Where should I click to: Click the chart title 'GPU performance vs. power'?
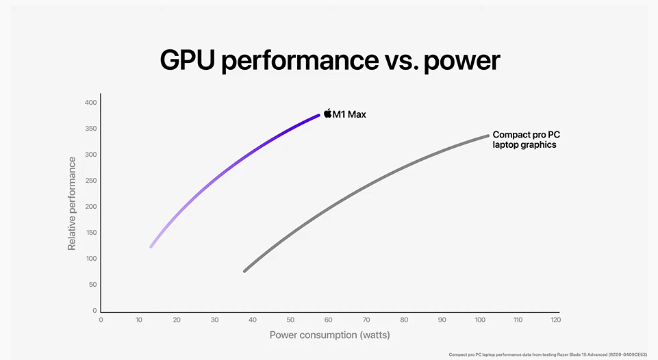click(x=329, y=60)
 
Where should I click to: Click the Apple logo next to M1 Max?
click(x=327, y=114)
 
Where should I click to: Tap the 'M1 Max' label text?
click(x=349, y=114)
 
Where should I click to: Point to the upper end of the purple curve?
click(x=318, y=115)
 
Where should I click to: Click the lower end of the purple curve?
click(x=151, y=246)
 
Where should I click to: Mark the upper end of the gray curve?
click(x=487, y=136)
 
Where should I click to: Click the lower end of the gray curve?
click(x=245, y=271)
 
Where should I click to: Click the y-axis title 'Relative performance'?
click(x=72, y=203)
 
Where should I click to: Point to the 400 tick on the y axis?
click(x=90, y=103)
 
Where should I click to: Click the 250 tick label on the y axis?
click(x=90, y=181)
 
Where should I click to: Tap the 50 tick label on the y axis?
click(x=92, y=284)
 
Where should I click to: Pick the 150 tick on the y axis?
click(x=90, y=233)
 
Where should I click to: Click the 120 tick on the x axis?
click(x=555, y=320)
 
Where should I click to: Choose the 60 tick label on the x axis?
click(x=328, y=320)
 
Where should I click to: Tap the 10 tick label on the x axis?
click(x=139, y=320)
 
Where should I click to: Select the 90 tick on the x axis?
click(x=442, y=320)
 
